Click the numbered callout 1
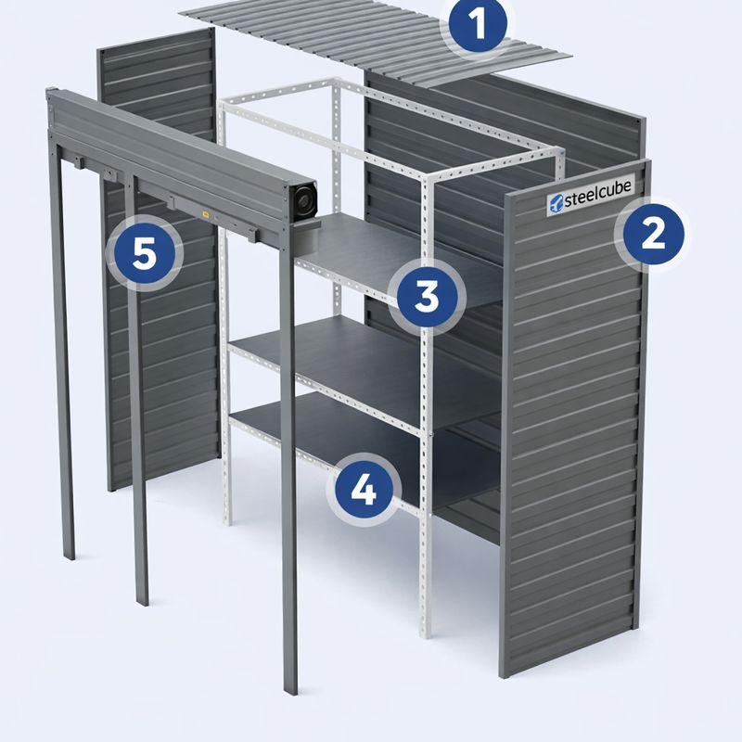point(478,24)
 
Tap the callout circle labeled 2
point(654,235)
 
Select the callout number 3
point(428,297)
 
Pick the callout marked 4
point(364,490)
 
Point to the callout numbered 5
point(145,254)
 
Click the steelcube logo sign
point(590,198)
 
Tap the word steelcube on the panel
point(597,195)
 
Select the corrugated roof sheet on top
point(376,42)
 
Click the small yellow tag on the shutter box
point(206,215)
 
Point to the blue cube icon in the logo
point(556,203)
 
